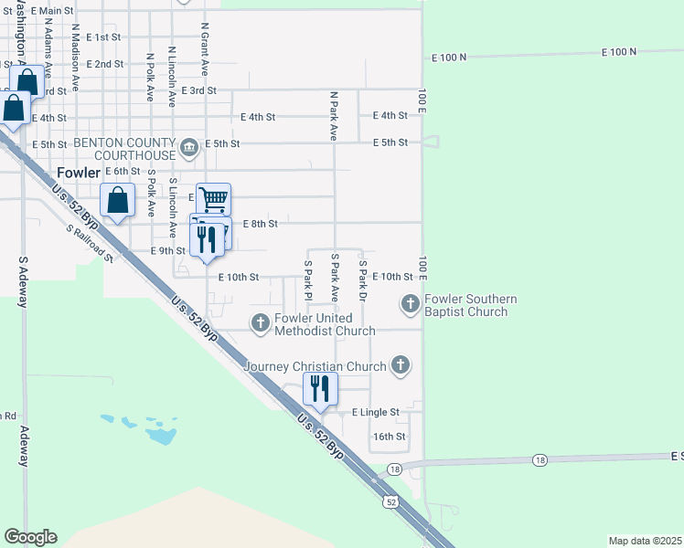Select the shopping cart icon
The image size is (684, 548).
point(213,198)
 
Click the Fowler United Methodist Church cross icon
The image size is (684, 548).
point(261,321)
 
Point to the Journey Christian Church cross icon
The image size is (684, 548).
point(399,366)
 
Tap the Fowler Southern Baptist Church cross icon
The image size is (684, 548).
point(411,302)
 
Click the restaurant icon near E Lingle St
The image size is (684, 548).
point(318,388)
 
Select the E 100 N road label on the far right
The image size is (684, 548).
point(619,53)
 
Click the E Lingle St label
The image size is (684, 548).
point(376,413)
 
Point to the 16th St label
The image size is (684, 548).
point(389,437)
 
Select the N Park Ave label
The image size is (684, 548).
point(334,115)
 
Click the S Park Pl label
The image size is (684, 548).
point(308,281)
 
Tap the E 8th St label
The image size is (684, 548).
point(260,224)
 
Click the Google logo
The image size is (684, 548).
point(30,537)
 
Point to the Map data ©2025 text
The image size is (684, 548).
point(645,541)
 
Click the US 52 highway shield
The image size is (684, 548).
point(390,502)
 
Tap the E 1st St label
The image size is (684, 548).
point(103,37)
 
